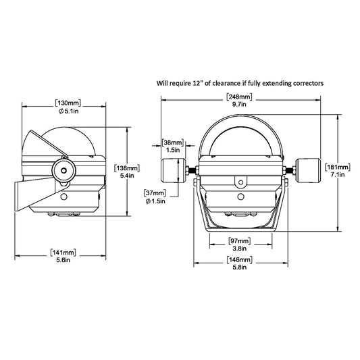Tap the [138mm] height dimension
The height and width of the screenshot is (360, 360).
(x=128, y=168)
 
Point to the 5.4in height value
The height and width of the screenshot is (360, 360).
(x=128, y=176)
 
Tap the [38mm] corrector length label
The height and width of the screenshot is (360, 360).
(x=173, y=143)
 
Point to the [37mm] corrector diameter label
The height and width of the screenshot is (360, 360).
(x=156, y=192)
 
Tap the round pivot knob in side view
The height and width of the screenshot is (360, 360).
(x=63, y=170)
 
